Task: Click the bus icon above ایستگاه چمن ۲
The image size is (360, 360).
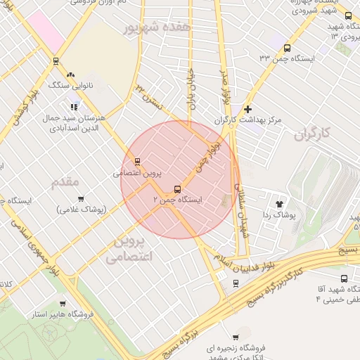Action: click(176, 188)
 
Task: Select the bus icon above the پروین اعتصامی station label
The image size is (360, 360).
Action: click(138, 161)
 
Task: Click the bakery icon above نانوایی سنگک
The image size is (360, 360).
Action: click(70, 75)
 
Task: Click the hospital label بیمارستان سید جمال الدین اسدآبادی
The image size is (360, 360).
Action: click(74, 122)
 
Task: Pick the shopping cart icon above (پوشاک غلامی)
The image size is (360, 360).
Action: click(81, 198)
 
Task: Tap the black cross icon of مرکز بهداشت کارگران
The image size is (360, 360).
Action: click(247, 109)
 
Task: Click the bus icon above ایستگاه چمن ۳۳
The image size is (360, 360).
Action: click(286, 48)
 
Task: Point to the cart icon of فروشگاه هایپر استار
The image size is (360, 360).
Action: click(63, 304)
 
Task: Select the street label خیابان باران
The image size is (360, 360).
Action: click(191, 89)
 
